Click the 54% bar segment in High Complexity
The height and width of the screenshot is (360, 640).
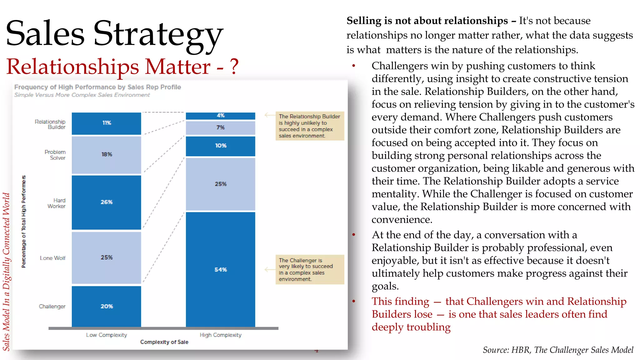point(220,269)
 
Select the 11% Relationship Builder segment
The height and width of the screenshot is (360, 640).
point(106,123)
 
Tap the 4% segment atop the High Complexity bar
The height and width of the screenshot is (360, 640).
point(220,116)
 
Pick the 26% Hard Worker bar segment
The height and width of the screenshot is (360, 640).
point(106,202)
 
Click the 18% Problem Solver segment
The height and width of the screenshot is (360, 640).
point(106,154)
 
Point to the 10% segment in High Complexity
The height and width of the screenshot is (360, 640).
point(220,146)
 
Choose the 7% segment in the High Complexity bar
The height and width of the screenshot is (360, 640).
point(220,127)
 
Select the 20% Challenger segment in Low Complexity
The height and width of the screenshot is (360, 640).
point(106,306)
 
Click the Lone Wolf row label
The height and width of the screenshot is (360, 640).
point(52,258)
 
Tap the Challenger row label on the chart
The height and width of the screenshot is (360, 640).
point(52,307)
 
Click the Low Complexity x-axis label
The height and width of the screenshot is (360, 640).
point(107,335)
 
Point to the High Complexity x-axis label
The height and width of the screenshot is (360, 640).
point(221,335)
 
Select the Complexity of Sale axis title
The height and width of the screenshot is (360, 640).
point(164,342)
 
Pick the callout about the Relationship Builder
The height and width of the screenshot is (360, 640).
point(309,126)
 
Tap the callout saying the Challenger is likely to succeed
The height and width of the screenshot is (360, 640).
point(309,269)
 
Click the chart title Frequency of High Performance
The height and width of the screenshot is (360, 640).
point(97,87)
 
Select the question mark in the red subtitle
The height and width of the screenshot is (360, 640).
point(234,67)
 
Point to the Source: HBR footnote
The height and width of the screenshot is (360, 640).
point(558,350)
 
